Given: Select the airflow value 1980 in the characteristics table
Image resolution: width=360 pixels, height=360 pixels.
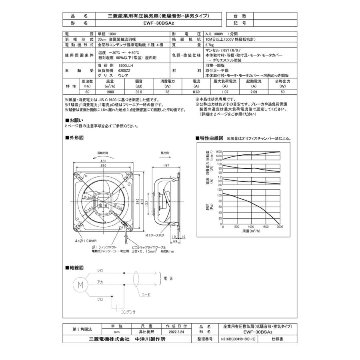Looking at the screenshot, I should (110, 92).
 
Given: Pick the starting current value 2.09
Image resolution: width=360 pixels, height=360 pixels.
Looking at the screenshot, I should (254, 92).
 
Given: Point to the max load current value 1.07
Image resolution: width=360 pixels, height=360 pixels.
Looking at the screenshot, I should (225, 92).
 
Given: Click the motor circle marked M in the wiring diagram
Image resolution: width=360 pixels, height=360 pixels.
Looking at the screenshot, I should (80, 285).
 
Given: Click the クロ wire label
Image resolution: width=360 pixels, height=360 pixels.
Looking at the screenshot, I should (100, 299).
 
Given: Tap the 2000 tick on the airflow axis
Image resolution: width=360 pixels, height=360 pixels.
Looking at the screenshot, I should (280, 226).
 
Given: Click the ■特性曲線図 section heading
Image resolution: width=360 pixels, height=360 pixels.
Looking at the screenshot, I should (210, 138).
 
